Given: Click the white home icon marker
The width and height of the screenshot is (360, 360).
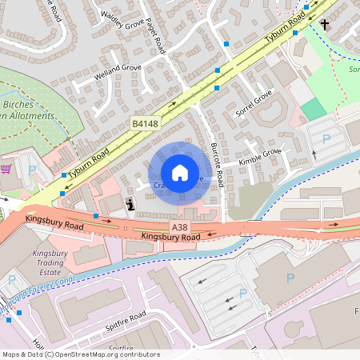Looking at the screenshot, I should pyautogui.click(x=180, y=173).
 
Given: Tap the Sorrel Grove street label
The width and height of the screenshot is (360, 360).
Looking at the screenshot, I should pyautogui.click(x=254, y=105).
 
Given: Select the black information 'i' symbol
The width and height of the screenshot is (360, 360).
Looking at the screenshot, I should pyautogui.click(x=130, y=204).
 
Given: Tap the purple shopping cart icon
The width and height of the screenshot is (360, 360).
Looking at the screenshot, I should pyautogui.click(x=6, y=169).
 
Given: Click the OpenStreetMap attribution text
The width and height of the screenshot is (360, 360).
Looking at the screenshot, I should pyautogui.click(x=80, y=354).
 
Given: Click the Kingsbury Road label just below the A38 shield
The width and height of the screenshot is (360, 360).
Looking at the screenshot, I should pyautogui.click(x=170, y=238).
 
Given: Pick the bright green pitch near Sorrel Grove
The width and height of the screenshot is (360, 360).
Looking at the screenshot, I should pyautogui.click(x=314, y=110).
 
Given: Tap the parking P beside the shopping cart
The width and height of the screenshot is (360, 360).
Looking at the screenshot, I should pyautogui.click(x=31, y=170).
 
